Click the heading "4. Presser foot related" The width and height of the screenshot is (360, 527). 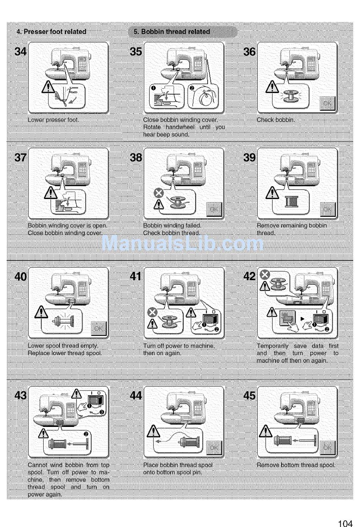click(52, 32)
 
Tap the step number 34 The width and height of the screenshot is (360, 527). click(20, 52)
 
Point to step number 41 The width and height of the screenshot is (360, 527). click(136, 276)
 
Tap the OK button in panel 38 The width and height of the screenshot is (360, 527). click(214, 209)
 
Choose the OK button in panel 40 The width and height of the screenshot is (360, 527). click(99, 328)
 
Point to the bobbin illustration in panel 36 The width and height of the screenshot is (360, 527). click(291, 97)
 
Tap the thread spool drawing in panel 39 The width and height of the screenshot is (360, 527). click(291, 201)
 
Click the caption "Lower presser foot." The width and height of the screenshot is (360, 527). click(53, 120)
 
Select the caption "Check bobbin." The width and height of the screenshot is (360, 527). click(276, 120)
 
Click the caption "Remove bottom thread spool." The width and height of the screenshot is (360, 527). click(296, 465)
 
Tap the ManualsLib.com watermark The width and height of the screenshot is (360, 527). click(183, 243)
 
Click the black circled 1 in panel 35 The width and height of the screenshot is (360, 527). click(154, 88)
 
